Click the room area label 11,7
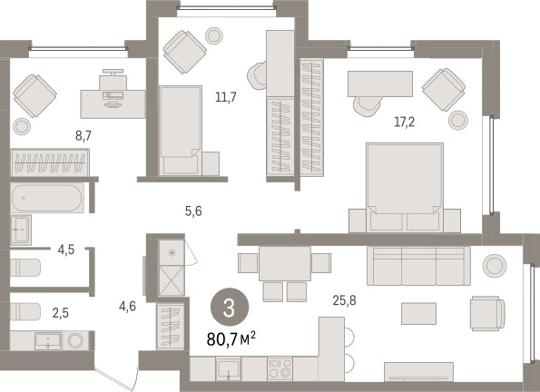tap(226, 97)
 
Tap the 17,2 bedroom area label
tap(404, 122)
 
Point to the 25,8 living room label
tap(344, 300)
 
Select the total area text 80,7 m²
tap(231, 339)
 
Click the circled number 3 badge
tap(230, 308)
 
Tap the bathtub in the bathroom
tap(47, 198)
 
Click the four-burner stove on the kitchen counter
tap(280, 368)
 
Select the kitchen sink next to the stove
tap(229, 369)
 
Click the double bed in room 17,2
tap(405, 188)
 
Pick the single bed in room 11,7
tap(181, 130)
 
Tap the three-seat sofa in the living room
tap(418, 266)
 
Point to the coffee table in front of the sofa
tap(418, 313)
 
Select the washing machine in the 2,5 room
tap(75, 340)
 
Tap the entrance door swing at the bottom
tap(116, 379)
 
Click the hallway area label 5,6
tap(193, 211)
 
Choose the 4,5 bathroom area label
tap(66, 250)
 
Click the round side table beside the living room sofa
tap(495, 266)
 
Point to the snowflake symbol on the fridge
tap(172, 253)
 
